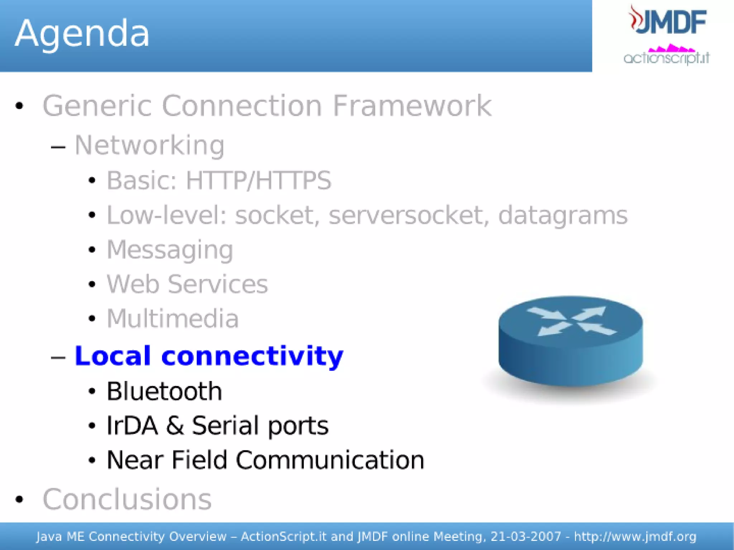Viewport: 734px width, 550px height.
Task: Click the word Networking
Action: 149,145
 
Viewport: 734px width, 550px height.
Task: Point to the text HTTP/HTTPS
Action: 258,180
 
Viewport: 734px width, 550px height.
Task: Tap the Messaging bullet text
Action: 170,250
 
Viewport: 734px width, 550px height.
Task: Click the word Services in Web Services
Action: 218,284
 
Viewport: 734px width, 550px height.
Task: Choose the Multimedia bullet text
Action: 173,318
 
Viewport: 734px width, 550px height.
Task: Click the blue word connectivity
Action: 252,356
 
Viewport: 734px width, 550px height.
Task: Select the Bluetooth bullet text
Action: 164,391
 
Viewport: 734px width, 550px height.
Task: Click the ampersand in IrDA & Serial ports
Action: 175,425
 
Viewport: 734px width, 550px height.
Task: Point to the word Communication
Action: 330,460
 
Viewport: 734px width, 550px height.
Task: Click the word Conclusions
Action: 127,499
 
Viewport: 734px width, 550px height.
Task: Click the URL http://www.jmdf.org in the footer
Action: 635,536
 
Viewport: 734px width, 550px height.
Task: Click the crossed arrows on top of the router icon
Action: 571,321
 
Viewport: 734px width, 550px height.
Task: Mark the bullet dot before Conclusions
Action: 19,499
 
